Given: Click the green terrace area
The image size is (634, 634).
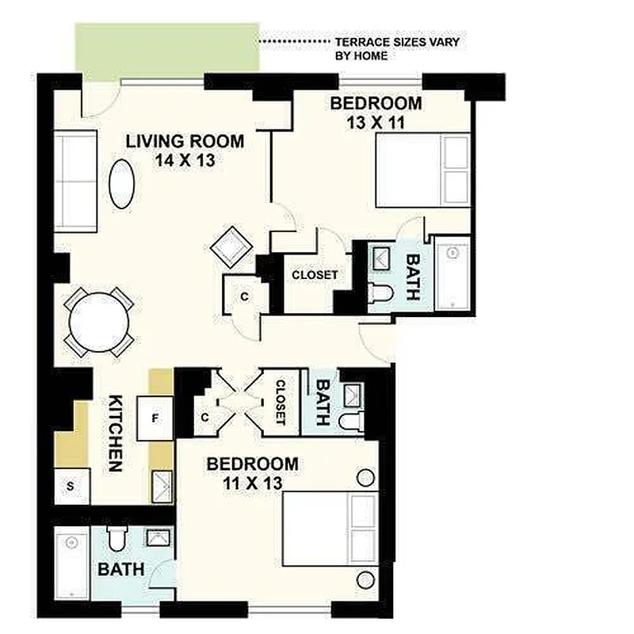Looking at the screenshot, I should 166,50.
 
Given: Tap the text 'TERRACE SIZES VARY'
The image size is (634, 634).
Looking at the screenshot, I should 396,41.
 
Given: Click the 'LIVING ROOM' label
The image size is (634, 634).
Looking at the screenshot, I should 185,142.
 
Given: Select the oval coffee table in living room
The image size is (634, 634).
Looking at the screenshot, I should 121,184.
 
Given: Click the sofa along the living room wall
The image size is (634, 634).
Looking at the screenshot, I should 75,181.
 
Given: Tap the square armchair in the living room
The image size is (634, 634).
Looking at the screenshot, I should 231,246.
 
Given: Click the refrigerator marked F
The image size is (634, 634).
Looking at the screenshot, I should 155,418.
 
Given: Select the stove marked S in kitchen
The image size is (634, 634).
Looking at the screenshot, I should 71,486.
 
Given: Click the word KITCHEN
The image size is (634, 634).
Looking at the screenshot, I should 115,433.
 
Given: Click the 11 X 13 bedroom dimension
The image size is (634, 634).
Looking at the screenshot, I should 253,482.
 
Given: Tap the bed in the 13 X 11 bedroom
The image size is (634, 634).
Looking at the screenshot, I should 422,171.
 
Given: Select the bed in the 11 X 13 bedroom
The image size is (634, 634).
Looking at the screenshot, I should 330,529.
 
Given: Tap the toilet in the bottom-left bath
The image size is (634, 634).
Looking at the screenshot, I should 116,539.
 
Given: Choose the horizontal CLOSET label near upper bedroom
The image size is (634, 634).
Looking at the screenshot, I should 315,275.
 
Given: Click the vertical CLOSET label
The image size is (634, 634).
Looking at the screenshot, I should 280,403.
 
